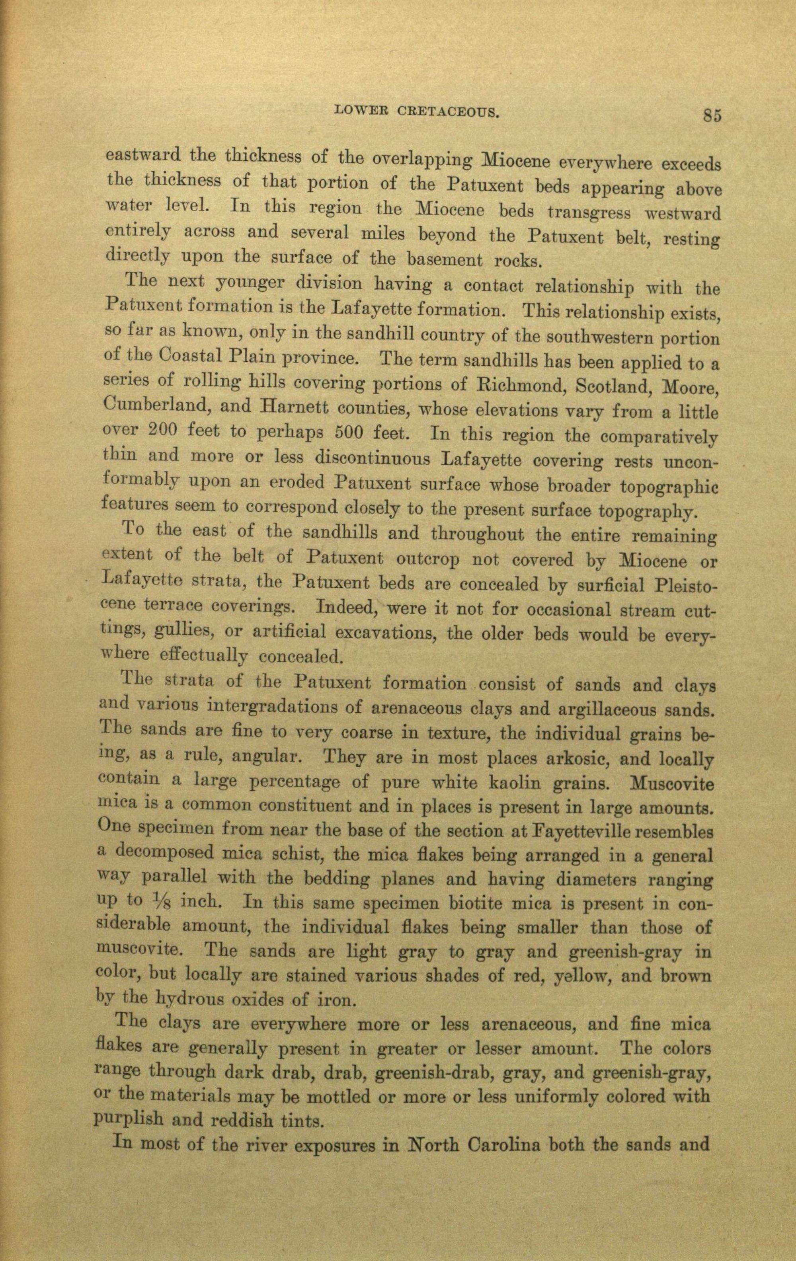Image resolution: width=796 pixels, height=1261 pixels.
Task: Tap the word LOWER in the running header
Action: click(359, 110)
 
